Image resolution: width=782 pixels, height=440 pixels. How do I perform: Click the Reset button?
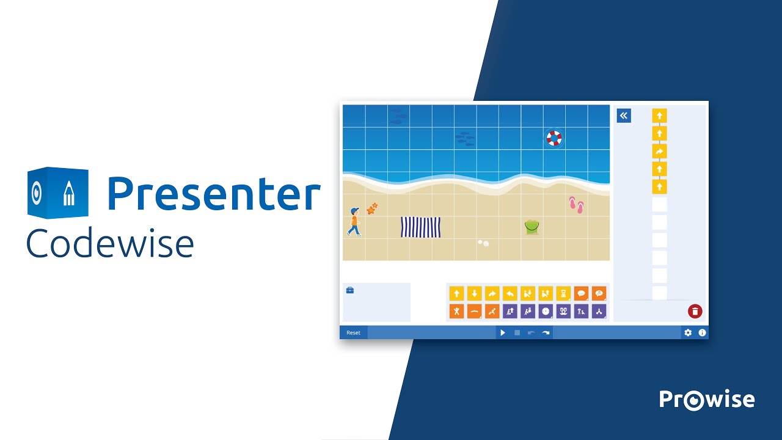pos(353,333)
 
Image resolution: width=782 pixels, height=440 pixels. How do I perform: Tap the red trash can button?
pos(695,311)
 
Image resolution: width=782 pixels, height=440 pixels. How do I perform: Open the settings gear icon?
pos(688,333)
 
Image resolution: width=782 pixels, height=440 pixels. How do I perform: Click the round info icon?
pos(702,333)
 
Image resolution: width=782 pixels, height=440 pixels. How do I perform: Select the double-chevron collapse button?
pos(624,116)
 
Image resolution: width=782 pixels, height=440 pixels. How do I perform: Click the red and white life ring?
pos(554,138)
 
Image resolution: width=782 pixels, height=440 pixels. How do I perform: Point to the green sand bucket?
pos(532,227)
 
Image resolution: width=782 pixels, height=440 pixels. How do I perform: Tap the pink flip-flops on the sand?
pos(576,205)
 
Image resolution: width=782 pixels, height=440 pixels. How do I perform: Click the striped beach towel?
pos(420,227)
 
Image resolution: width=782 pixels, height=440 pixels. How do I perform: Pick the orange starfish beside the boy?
pos(372,209)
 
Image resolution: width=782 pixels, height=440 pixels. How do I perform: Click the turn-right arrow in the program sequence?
pos(659,151)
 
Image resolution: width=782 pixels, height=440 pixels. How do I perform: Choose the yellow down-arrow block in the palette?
pos(474,294)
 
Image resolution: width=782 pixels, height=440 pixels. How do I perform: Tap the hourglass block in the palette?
pos(563,294)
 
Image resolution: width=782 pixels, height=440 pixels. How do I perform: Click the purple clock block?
pos(546,312)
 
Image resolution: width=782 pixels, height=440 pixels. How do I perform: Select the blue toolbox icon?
pos(350,290)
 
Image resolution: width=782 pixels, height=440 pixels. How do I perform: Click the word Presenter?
pos(213,194)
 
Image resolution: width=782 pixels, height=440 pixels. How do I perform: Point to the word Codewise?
pos(110,243)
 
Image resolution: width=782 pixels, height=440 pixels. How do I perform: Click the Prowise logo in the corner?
pos(707,400)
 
